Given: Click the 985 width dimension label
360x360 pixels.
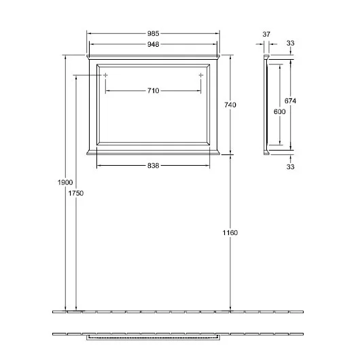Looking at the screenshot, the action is (153, 33).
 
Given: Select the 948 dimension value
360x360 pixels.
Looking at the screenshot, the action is (153, 44).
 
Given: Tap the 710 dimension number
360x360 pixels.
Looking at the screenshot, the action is (153, 91).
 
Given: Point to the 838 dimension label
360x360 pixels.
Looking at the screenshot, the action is (153, 166).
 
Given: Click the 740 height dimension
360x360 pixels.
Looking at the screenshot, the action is (230, 105).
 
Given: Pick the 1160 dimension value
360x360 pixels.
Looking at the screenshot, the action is (230, 233).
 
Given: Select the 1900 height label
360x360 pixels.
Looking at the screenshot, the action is (65, 182).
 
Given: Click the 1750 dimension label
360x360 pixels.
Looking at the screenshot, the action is (76, 194).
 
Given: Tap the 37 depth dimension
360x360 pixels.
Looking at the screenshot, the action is (266, 34).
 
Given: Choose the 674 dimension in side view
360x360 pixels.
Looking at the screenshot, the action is (290, 101).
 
